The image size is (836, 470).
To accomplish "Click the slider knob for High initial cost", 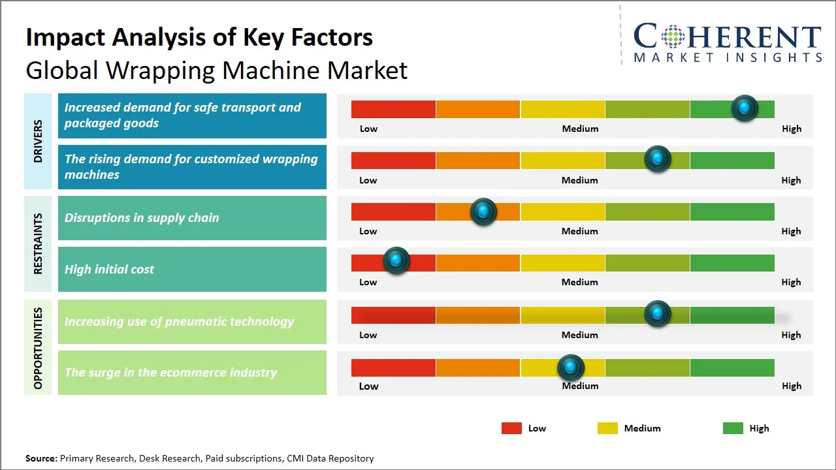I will (x=396, y=260).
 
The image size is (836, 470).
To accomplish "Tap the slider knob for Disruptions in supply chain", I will (x=483, y=211).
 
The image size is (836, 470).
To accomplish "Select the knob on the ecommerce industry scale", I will (x=571, y=368).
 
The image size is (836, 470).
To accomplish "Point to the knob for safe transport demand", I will (x=745, y=108).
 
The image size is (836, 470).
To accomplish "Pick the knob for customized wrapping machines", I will (x=658, y=159).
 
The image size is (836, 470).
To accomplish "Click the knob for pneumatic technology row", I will (x=658, y=313).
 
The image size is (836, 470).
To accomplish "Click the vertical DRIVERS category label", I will (x=38, y=141).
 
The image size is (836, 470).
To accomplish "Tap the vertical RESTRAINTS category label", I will (x=38, y=243).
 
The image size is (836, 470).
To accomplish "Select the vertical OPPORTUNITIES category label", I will (x=38, y=348).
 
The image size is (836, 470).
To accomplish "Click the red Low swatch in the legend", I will (x=511, y=428).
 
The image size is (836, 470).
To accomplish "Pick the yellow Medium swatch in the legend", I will (x=607, y=428).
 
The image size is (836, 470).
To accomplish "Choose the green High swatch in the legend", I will (x=733, y=428).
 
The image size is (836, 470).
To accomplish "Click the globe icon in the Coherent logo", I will (x=672, y=37).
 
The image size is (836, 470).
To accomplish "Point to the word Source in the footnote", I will (x=41, y=458).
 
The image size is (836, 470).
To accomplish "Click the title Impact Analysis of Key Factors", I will (x=199, y=37).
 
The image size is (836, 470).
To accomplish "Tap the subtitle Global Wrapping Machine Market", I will (x=216, y=70).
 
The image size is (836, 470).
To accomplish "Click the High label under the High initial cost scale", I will (x=791, y=282).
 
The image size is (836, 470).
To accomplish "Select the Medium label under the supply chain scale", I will (x=579, y=231).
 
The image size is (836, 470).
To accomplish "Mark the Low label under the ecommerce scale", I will (x=368, y=386).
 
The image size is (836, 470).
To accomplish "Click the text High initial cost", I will (x=109, y=269).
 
